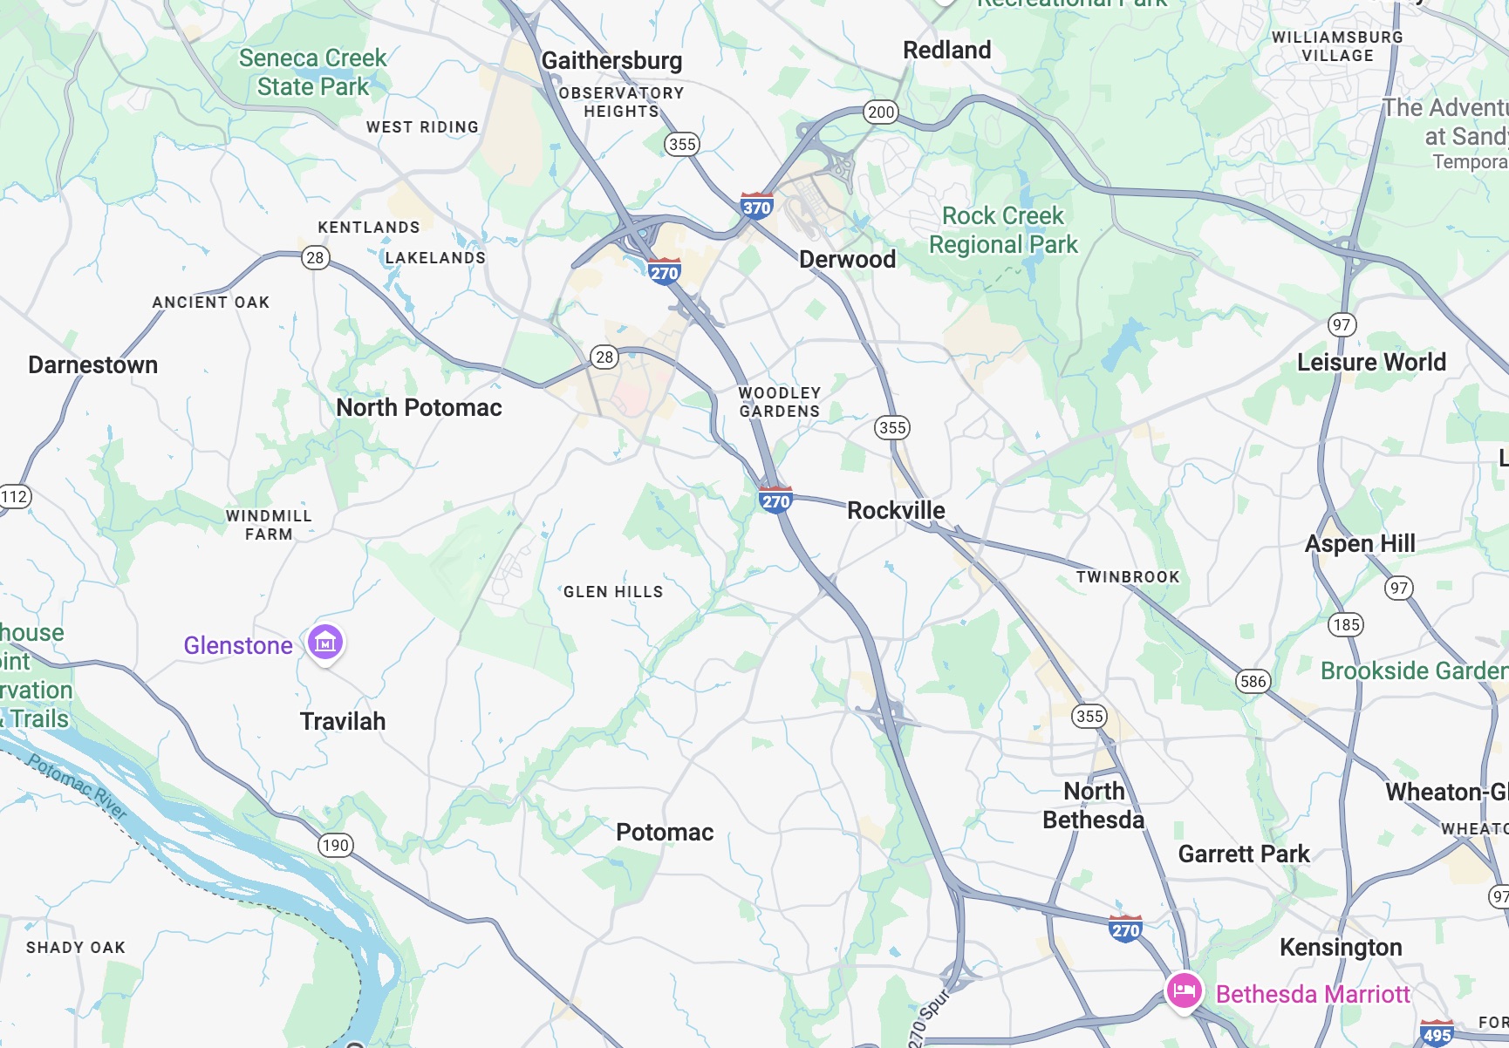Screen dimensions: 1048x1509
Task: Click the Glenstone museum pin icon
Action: pyautogui.click(x=325, y=643)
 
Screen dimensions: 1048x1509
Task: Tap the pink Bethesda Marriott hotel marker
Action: pyautogui.click(x=1184, y=991)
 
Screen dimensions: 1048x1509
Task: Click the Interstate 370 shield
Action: pyautogui.click(x=756, y=206)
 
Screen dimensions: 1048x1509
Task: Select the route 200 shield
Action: pyautogui.click(x=881, y=112)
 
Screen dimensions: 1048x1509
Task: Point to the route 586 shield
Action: pyautogui.click(x=1253, y=681)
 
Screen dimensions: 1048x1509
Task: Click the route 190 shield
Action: pyautogui.click(x=335, y=844)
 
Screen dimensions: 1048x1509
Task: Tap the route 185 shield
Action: pyautogui.click(x=1346, y=624)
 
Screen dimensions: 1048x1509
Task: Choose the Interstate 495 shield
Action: pyautogui.click(x=1437, y=1034)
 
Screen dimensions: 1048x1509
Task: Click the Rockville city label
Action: pyautogui.click(x=896, y=510)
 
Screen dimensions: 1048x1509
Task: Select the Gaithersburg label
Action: pyautogui.click(x=611, y=60)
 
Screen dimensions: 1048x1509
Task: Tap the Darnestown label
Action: pyautogui.click(x=92, y=364)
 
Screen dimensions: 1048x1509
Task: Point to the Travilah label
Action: pyautogui.click(x=342, y=721)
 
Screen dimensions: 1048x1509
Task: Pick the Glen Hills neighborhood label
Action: pyautogui.click(x=612, y=592)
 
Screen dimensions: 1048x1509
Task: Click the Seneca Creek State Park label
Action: pyautogui.click(x=312, y=72)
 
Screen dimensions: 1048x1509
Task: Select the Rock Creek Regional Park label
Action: pyautogui.click(x=1003, y=229)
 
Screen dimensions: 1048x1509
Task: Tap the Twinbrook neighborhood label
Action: pyautogui.click(x=1127, y=576)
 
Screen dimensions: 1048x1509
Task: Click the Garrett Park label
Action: pyautogui.click(x=1243, y=854)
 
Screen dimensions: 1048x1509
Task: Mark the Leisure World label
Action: pyautogui.click(x=1370, y=362)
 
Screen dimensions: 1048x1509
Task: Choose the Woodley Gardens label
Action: pyautogui.click(x=779, y=402)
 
